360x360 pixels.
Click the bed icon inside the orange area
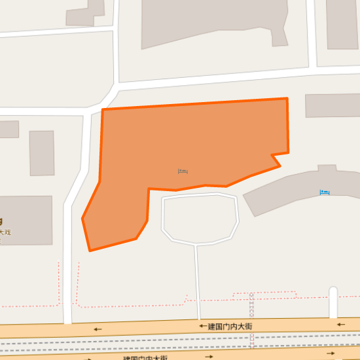pos(183,171)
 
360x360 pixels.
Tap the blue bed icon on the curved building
pos(325,192)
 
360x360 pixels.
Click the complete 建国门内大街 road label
pos(230,326)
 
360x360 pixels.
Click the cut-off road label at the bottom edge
pos(145,358)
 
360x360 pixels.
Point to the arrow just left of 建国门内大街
pos(202,326)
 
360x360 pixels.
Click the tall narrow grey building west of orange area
pos(42,153)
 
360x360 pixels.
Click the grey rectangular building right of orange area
pos(333,106)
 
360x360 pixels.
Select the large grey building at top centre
pos(216,23)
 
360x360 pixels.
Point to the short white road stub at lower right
pos(333,302)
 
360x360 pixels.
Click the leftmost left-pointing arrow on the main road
pos(98,329)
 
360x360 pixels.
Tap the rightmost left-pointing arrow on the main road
pos(340,324)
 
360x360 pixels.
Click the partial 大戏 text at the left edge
pos(5,232)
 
